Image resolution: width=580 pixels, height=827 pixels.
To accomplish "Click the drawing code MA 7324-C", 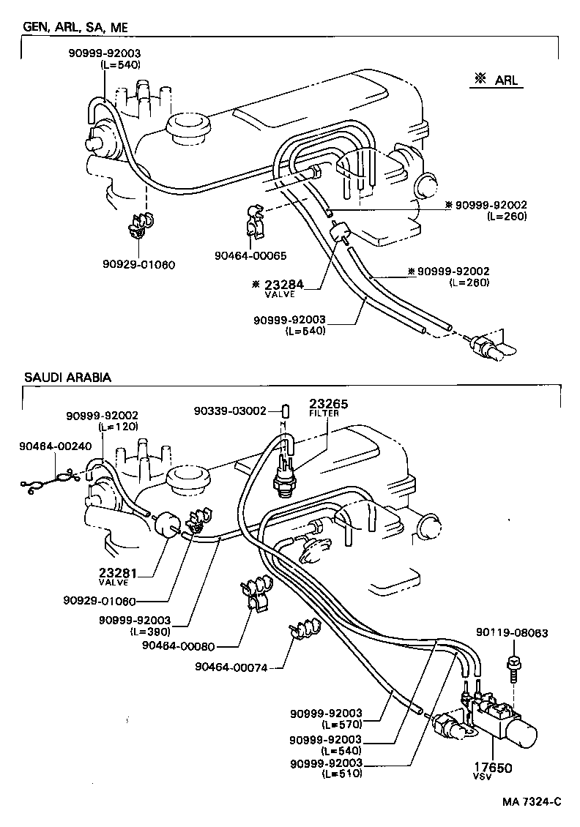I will click(x=532, y=801).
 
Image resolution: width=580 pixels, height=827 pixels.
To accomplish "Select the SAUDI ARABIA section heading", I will click(x=67, y=378).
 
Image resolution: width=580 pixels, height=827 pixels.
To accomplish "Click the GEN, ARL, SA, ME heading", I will click(x=76, y=27).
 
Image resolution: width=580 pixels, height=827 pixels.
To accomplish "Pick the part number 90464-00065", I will click(x=250, y=255).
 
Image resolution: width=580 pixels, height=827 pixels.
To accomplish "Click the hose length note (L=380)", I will click(x=150, y=631).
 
